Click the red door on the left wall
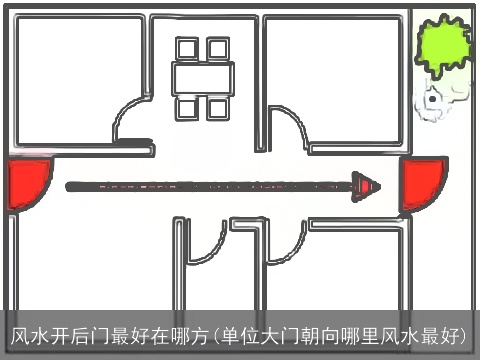tap(27, 185)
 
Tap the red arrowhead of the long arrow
tap(367, 185)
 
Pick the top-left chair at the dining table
tap(187, 48)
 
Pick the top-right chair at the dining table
tap(216, 48)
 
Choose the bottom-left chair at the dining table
tap(187, 106)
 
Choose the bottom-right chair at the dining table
tap(216, 106)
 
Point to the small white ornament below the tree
tap(434, 101)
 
